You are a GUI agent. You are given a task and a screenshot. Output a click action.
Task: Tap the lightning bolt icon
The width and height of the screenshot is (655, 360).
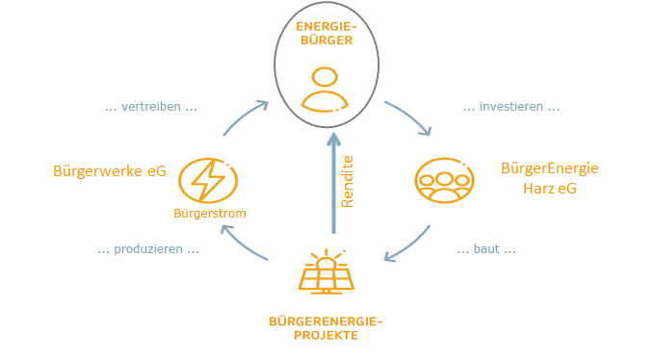(208, 179)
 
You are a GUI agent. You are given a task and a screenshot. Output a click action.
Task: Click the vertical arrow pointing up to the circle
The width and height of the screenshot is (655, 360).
(332, 183)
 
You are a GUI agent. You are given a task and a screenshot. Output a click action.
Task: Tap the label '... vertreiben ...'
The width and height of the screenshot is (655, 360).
(151, 108)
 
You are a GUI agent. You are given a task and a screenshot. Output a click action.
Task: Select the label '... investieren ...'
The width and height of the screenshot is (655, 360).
(511, 108)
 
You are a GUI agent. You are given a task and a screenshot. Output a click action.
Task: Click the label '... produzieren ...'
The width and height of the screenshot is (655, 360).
(148, 249)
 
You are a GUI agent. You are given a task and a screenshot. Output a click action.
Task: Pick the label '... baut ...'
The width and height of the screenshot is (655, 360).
(486, 249)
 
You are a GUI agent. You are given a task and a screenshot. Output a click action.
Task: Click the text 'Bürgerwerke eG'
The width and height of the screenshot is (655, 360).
(109, 171)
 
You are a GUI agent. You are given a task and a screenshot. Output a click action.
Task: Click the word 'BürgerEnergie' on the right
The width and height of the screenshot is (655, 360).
(550, 168)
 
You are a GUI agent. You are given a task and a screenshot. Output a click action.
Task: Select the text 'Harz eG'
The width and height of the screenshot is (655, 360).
(552, 190)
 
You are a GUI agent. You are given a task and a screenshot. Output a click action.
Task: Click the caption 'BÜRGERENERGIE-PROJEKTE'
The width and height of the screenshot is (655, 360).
(327, 328)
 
